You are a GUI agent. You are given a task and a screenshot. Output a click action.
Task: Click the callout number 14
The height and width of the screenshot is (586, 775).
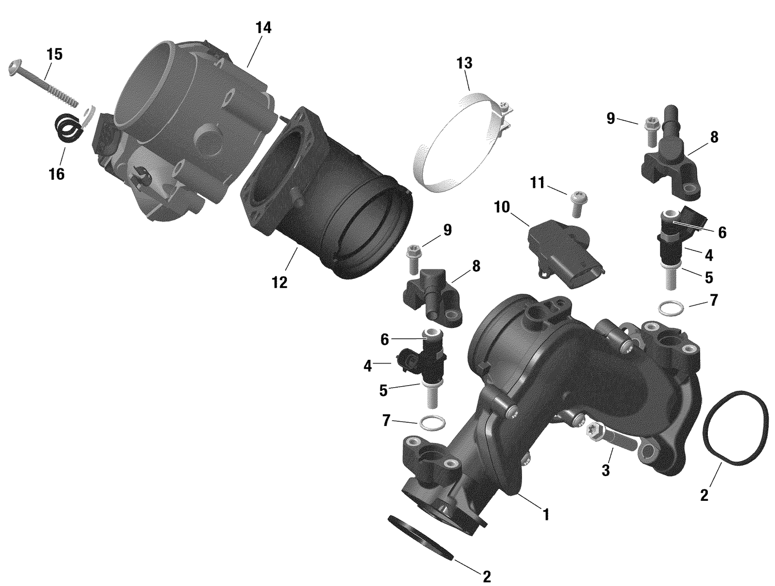[263, 28]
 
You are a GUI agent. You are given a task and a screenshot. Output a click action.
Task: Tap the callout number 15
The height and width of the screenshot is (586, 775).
[54, 54]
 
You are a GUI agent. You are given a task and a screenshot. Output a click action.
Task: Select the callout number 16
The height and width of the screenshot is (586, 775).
[56, 174]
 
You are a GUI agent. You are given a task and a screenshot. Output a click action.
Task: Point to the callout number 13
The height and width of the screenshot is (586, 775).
[464, 64]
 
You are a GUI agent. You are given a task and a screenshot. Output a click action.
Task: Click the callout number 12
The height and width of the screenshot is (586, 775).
[280, 282]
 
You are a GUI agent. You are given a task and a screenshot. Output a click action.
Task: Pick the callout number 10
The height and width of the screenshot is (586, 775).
[501, 207]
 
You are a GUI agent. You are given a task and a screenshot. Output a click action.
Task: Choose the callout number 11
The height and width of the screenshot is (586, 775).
[537, 183]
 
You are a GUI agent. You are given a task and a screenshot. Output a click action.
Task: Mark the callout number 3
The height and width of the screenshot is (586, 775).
[606, 470]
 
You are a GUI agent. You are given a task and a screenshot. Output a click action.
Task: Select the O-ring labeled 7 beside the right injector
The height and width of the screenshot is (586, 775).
[671, 309]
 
